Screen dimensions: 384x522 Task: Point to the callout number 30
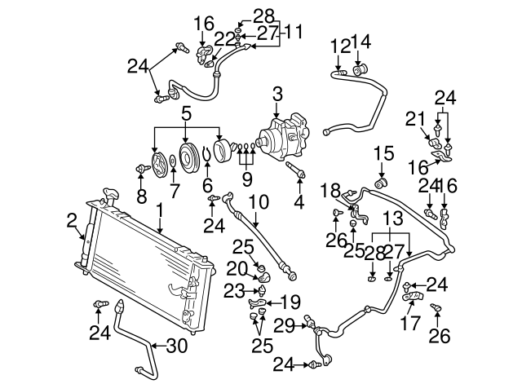[x=177, y=346]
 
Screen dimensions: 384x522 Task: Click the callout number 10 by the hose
[x=257, y=201]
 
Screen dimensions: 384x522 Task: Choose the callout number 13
[x=392, y=219]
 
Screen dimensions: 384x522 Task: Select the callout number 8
[x=143, y=196]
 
